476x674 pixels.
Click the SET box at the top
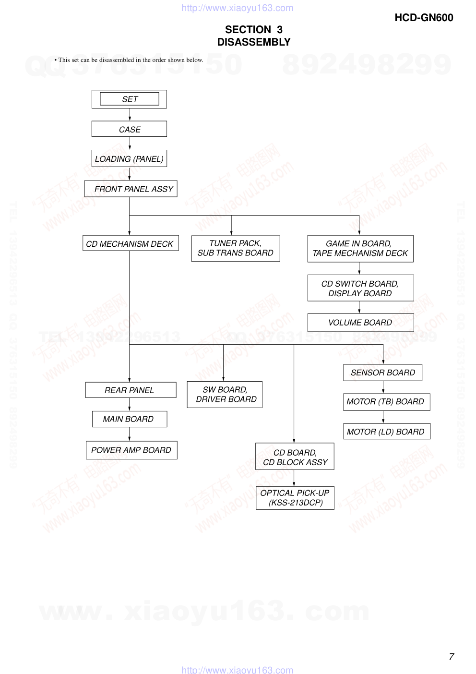130,99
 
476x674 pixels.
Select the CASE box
130,129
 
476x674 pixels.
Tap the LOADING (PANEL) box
130,159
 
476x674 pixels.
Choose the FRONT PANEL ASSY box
131,189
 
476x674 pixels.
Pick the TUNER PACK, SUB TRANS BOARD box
236,248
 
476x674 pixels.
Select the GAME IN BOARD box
360,248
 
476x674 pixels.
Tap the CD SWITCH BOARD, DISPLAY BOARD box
360,288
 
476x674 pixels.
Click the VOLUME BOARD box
360,323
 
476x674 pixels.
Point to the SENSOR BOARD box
383,373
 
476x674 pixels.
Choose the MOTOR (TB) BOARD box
386,402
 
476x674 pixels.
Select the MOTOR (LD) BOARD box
386,432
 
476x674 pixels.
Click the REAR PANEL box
131,390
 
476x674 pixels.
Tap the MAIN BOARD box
130,419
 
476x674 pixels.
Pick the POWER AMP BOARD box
131,450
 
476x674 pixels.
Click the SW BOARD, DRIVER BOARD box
225,395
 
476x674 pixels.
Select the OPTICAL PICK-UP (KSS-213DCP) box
295,498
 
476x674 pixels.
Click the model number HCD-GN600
424,18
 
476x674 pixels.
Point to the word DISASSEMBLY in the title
254,42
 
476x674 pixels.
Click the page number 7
451,657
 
